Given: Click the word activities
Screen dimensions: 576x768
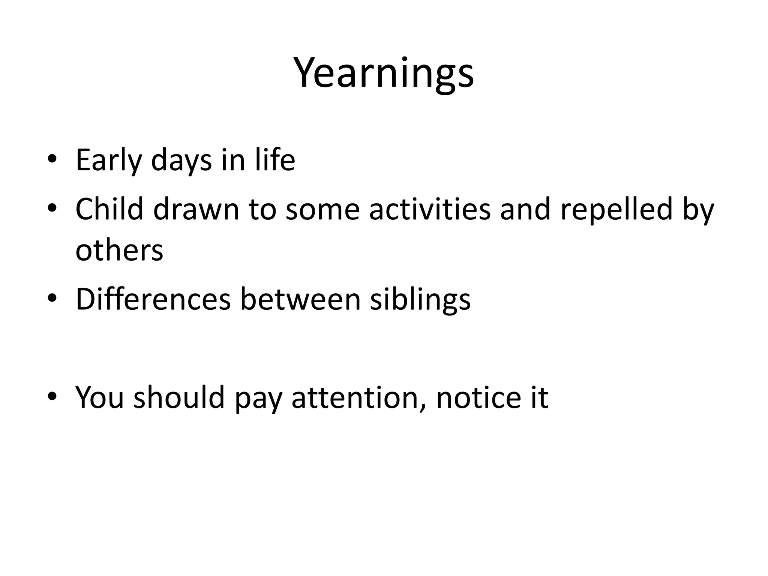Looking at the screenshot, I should point(430,209).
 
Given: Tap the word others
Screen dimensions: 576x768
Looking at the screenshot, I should point(119,250).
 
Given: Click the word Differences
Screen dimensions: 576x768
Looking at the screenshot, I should point(153,299).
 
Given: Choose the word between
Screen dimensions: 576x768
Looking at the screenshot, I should point(300,299).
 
